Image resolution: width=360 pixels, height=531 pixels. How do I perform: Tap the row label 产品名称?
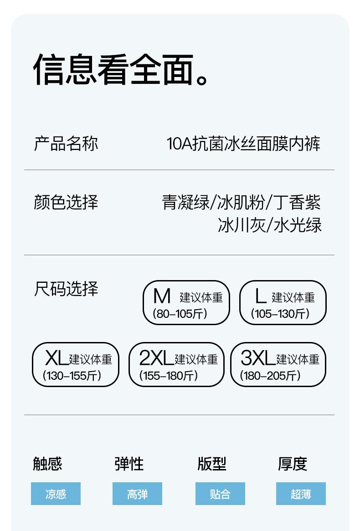[66, 143]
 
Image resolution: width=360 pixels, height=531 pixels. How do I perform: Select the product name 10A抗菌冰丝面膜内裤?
[243, 143]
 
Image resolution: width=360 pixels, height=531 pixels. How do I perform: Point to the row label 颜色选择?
[66, 202]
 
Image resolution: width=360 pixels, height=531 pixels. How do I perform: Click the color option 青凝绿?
[185, 202]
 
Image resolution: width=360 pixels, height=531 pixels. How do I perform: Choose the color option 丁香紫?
[299, 202]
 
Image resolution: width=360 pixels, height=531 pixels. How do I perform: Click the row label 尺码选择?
[66, 289]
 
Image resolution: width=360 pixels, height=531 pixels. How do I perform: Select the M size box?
[186, 302]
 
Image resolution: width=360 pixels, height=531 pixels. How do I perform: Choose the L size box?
[283, 302]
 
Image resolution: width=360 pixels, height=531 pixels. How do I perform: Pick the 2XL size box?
[177, 364]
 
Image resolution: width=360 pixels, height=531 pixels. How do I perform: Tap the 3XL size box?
[278, 364]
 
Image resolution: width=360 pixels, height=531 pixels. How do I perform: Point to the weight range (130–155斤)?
[72, 376]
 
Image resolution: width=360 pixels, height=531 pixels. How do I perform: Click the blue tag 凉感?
[56, 494]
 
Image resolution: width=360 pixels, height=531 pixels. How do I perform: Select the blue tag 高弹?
[137, 494]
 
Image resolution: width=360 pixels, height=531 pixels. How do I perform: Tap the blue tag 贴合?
[220, 494]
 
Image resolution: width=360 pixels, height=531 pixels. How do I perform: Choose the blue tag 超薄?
[301, 494]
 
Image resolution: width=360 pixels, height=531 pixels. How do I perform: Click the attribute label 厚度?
[293, 464]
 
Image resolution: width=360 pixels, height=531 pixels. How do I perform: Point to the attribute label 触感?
[47, 464]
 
